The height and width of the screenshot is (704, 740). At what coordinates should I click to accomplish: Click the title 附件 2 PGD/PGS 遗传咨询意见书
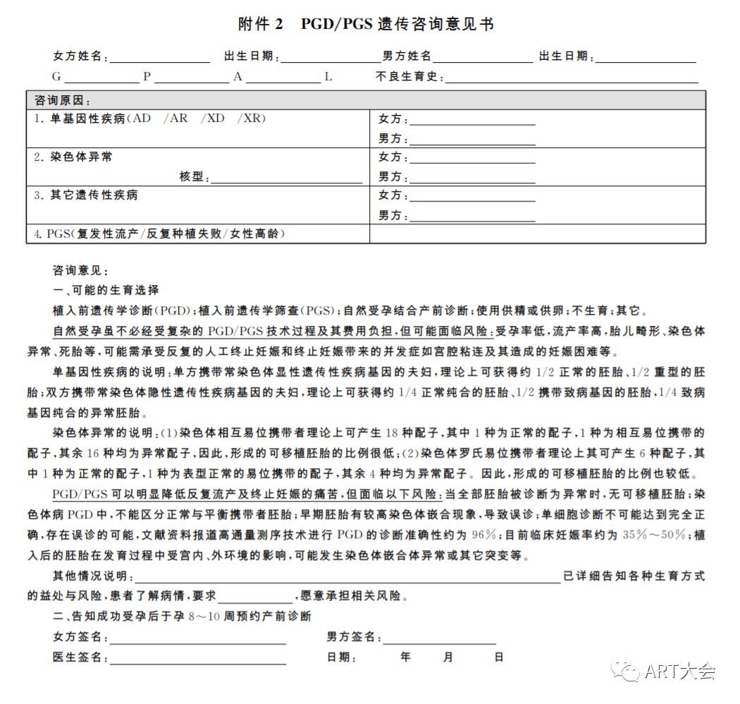coord(366,24)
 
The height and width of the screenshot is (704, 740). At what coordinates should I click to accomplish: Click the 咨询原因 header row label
coord(63,100)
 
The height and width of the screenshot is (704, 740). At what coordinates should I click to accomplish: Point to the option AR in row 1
coord(178,119)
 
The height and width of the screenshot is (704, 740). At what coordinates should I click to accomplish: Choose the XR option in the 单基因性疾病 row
coord(252,119)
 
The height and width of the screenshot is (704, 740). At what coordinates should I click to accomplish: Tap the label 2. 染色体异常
coord(73,157)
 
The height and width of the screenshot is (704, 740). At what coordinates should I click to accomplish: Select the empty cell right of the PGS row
coord(537,233)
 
